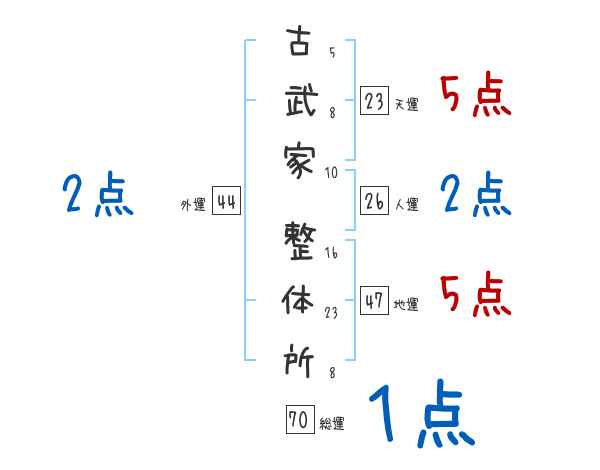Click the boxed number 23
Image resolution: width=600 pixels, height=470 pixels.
(x=374, y=102)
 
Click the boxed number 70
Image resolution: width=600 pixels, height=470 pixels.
(x=298, y=421)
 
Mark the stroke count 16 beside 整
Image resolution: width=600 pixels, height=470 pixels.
(x=332, y=254)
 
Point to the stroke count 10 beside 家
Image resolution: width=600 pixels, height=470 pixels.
(x=332, y=172)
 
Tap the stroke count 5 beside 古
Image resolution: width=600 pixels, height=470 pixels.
(x=332, y=53)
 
